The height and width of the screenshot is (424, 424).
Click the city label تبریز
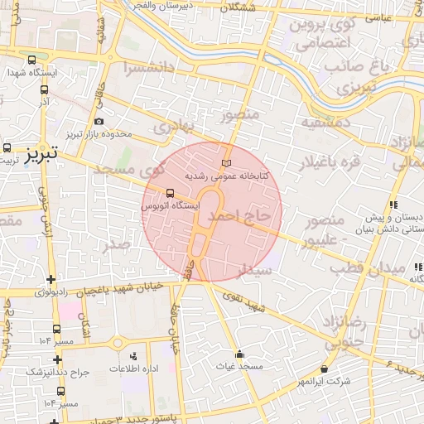pyautogui.click(x=39, y=154)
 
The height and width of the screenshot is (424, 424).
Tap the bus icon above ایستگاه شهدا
pyautogui.click(x=31, y=60)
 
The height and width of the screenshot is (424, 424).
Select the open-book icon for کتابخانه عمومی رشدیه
pyautogui.click(x=226, y=162)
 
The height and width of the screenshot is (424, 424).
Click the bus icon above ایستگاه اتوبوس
pyautogui.click(x=170, y=192)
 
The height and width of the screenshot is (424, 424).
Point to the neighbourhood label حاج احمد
pyautogui.click(x=240, y=216)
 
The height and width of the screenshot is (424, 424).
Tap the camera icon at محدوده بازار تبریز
pyautogui.click(x=99, y=122)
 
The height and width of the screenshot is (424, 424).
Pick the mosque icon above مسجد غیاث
pyautogui.click(x=239, y=354)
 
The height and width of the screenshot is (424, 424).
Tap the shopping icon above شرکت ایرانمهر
pyautogui.click(x=323, y=369)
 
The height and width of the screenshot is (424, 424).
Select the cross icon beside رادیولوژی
pyautogui.click(x=53, y=279)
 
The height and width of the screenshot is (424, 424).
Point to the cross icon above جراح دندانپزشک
pyautogui.click(x=57, y=359)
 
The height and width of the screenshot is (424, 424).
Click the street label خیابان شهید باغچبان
pyautogui.click(x=120, y=290)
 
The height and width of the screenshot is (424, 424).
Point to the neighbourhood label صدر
pyautogui.click(x=116, y=245)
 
